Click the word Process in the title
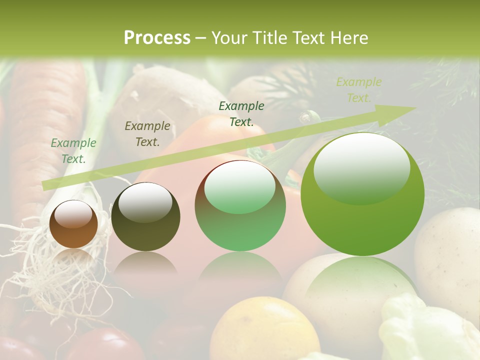pyautogui.click(x=156, y=38)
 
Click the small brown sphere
pyautogui.click(x=73, y=224)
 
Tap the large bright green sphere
pyautogui.click(x=362, y=195)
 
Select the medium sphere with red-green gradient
pyautogui.click(x=240, y=206)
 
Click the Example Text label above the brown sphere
pyautogui.click(x=73, y=151)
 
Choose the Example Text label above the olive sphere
pyautogui.click(x=147, y=134)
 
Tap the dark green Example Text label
pyautogui.click(x=241, y=114)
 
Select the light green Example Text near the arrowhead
pyautogui.click(x=358, y=90)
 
